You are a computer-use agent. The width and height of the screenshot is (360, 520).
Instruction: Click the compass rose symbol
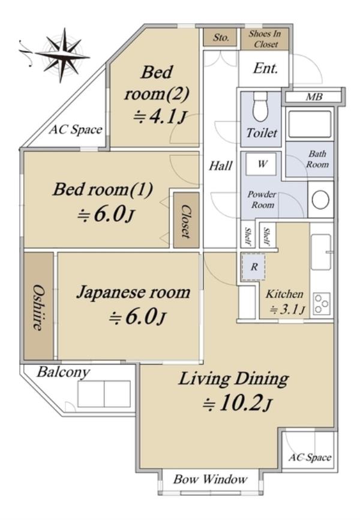click(62, 55)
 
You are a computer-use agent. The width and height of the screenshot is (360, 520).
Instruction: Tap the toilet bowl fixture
click(260, 107)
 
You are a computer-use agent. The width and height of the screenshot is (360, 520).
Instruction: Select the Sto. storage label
click(221, 37)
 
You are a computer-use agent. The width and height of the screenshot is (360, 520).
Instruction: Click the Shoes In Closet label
click(265, 39)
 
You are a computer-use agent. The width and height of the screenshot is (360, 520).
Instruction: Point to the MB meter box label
click(314, 97)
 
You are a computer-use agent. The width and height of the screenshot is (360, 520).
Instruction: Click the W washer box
click(261, 164)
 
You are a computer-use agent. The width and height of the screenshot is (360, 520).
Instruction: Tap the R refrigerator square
click(254, 267)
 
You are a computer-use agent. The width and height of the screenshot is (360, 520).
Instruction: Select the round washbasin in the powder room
click(320, 200)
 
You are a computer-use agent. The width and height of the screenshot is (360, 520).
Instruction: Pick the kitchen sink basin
click(321, 252)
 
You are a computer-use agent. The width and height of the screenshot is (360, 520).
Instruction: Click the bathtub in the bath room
click(310, 124)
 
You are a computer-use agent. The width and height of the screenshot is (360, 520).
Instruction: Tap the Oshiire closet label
click(38, 307)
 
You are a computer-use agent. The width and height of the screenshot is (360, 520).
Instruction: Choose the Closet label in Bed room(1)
click(186, 221)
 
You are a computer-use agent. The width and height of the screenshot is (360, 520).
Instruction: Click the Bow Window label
click(211, 479)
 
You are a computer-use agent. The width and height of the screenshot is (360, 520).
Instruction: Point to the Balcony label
click(63, 372)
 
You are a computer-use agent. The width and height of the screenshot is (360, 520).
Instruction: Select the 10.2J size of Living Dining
click(238, 403)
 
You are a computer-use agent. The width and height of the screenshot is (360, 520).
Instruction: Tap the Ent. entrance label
click(265, 68)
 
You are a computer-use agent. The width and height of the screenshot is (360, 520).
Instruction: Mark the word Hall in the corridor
click(221, 166)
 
